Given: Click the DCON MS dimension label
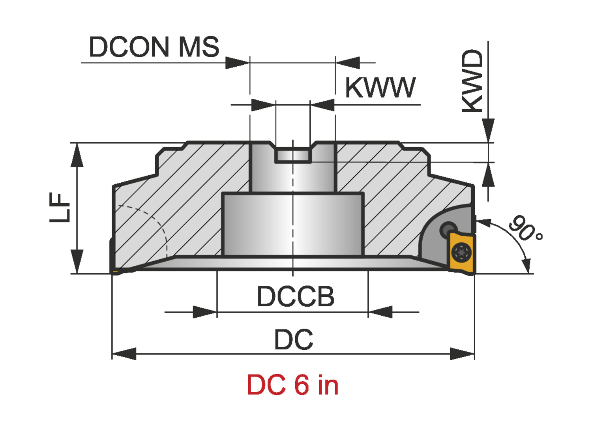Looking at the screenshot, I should click(154, 47).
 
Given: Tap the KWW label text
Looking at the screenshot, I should click(380, 88).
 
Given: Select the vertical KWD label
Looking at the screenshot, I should click(472, 81).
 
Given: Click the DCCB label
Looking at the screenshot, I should click(295, 296).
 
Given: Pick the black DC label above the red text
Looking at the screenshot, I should click(294, 339).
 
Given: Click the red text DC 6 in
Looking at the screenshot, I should click(292, 385).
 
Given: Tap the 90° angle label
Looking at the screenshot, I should click(525, 229).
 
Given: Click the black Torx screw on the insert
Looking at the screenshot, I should click(461, 252).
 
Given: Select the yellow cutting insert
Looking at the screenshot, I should click(462, 253).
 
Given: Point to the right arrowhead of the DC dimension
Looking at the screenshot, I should click(463, 354).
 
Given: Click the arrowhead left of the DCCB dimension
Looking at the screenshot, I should click(205, 312).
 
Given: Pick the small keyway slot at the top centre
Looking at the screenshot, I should click(292, 155).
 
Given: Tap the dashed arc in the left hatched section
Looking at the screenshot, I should click(154, 221).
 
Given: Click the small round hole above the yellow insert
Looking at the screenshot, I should click(448, 228).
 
